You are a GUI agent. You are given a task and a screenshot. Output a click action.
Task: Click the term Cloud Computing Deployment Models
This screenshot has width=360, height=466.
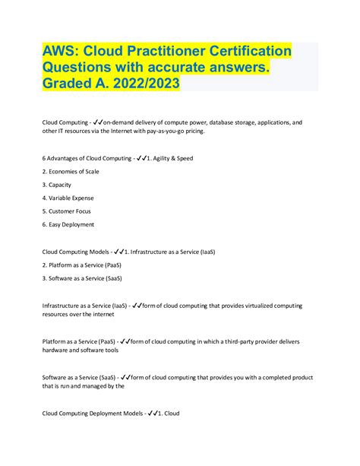(x=91, y=414)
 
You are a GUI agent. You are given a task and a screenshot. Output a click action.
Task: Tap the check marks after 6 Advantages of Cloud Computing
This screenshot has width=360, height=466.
(x=144, y=158)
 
